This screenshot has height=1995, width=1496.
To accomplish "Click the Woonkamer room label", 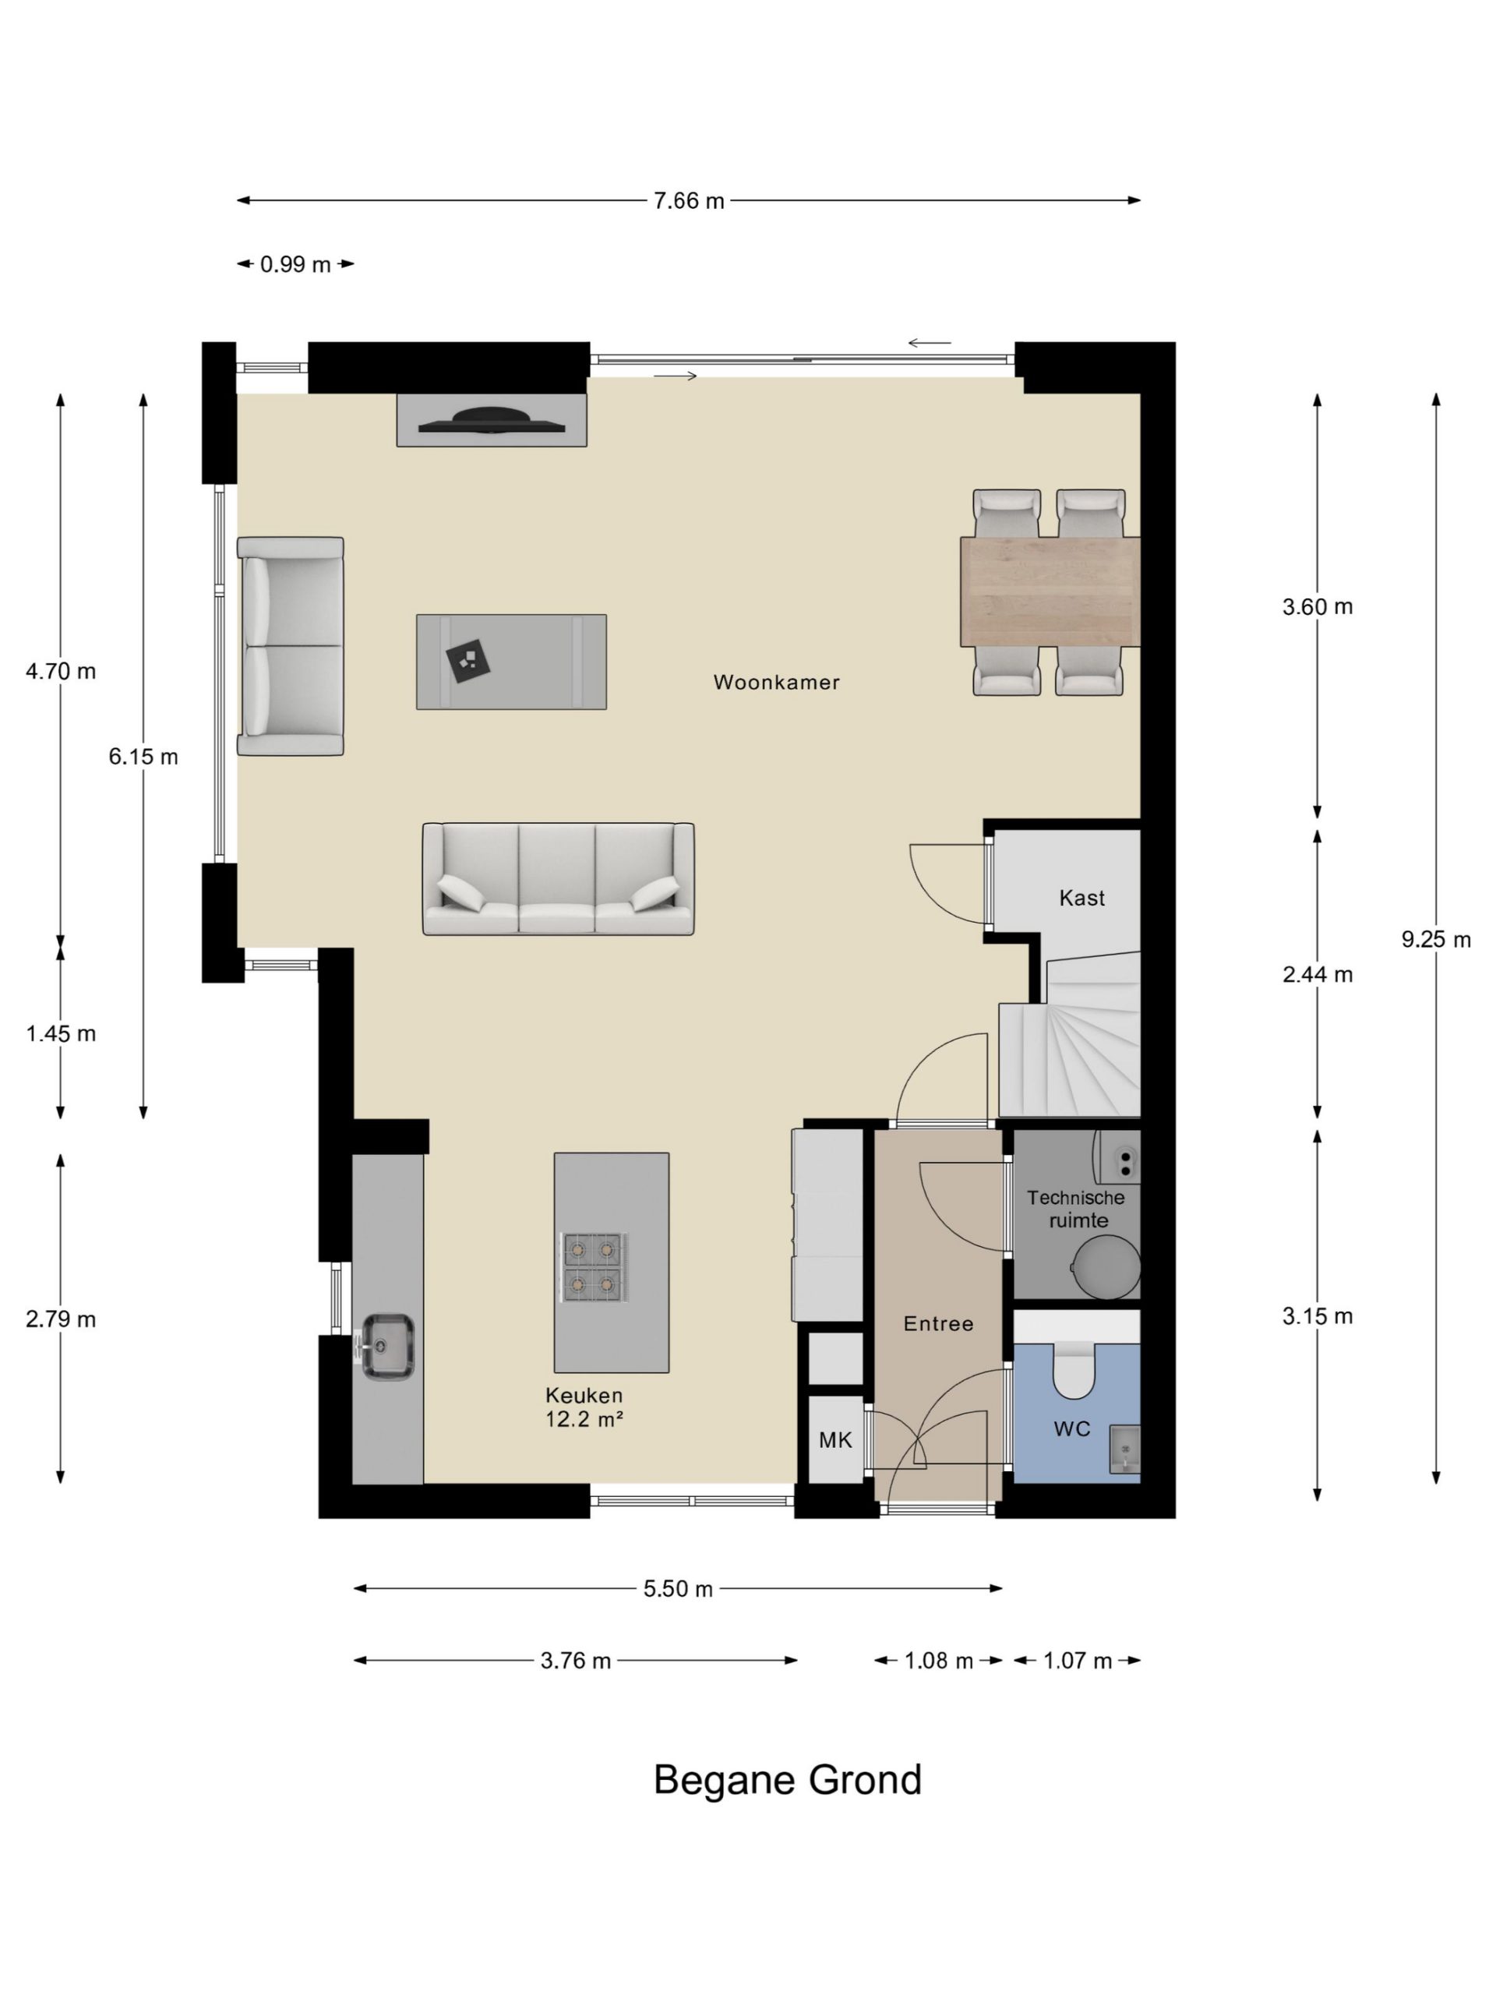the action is [x=776, y=683].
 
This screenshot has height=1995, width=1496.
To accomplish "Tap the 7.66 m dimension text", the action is [x=689, y=201].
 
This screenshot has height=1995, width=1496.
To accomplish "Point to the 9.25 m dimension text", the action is [x=1435, y=940].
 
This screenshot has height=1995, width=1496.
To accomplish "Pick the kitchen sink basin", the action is [x=389, y=1347].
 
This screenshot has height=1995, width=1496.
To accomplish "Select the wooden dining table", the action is [x=1050, y=591].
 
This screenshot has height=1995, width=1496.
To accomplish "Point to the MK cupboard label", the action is [x=835, y=1441].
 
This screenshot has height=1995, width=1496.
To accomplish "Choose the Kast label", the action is [x=1081, y=899].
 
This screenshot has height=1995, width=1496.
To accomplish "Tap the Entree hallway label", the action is [x=939, y=1324].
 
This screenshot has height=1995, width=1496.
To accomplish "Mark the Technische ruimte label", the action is [x=1076, y=1209].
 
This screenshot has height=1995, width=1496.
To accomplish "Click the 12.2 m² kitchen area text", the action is [x=584, y=1420].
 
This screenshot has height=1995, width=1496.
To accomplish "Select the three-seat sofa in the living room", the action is [x=558, y=878].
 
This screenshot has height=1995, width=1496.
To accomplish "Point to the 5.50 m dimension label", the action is [x=678, y=1589].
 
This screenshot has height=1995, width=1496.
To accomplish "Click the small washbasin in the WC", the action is [x=1124, y=1450].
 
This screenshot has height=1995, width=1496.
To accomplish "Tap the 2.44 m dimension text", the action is [x=1318, y=975].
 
